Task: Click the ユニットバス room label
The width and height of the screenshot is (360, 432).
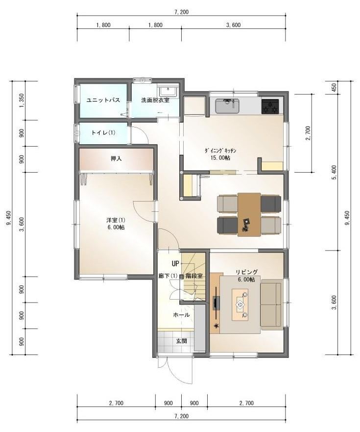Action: [x=103, y=100]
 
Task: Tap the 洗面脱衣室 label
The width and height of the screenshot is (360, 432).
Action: [x=155, y=100]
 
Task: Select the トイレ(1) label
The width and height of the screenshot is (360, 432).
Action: [x=103, y=133]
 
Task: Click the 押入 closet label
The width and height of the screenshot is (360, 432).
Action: [x=116, y=159]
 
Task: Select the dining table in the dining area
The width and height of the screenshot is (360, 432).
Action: [x=249, y=214]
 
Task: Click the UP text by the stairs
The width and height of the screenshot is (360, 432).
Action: [x=175, y=263]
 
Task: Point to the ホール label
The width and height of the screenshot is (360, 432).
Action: [x=181, y=315]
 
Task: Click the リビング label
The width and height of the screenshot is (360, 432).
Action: [x=246, y=272]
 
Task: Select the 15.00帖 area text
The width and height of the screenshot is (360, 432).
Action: [x=220, y=158]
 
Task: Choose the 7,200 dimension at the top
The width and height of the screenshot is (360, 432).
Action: [x=181, y=12]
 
